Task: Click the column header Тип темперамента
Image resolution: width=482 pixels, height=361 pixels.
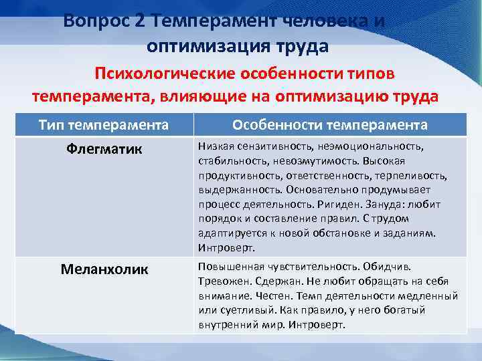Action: (103, 125)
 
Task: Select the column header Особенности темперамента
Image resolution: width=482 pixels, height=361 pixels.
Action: (330, 125)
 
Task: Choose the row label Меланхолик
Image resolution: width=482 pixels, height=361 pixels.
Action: (104, 269)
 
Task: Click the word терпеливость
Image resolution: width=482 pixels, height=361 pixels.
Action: (414, 175)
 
